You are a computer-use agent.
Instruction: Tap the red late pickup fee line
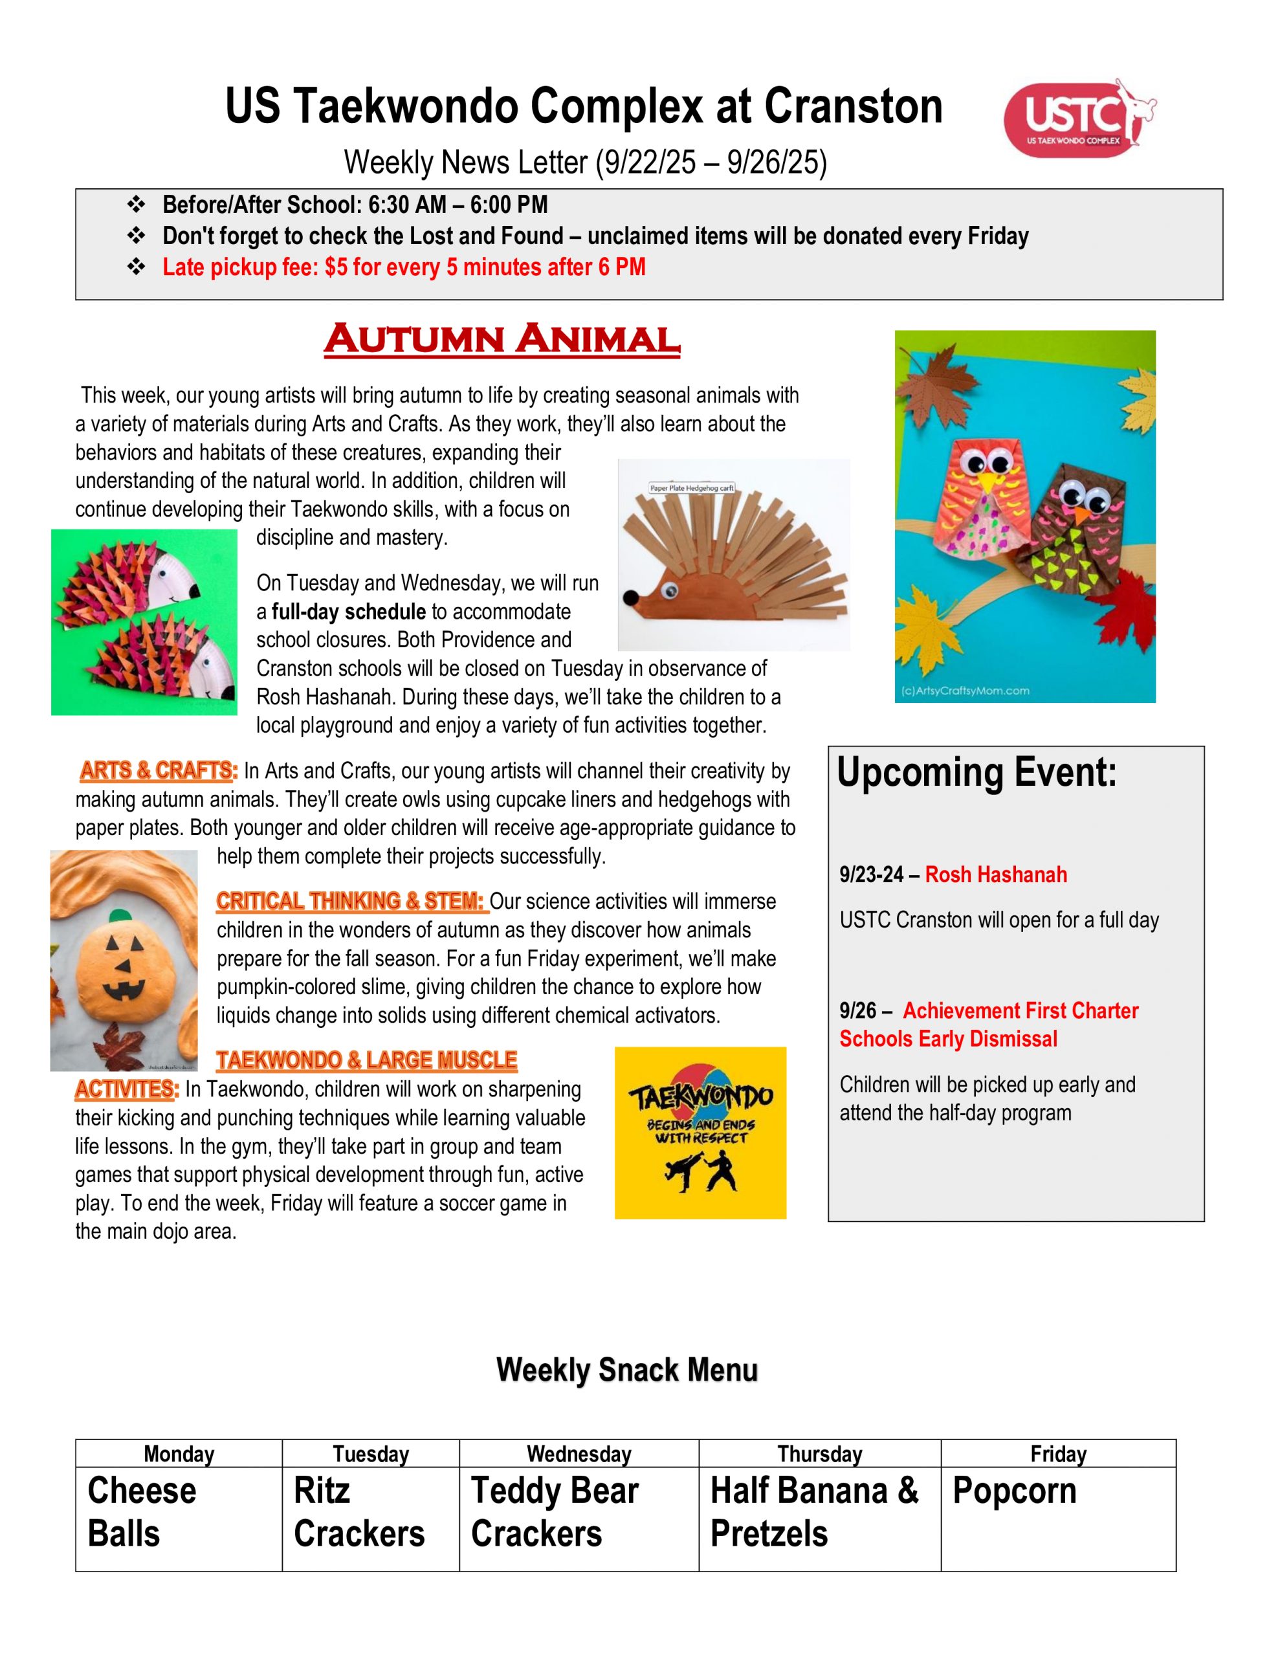click(404, 267)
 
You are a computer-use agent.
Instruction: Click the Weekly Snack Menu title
click(626, 1370)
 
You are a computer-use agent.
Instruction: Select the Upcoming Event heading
click(977, 772)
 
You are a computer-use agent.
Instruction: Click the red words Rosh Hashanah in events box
click(995, 875)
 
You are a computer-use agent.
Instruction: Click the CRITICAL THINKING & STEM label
click(350, 902)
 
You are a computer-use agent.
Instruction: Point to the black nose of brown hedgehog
click(629, 599)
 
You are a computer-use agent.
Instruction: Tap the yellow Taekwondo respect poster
click(700, 1133)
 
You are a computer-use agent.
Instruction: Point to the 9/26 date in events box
click(857, 1011)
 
